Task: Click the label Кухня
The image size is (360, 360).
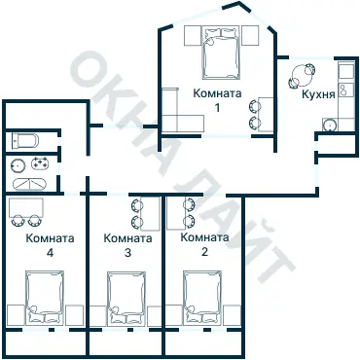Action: [x=318, y=94]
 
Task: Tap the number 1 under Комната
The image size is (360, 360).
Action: [x=217, y=107]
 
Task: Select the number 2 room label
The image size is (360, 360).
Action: [x=204, y=252]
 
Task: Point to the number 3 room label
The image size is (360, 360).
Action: [x=127, y=253]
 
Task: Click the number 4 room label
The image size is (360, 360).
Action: [x=50, y=253]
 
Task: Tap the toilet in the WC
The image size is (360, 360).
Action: [x=25, y=140]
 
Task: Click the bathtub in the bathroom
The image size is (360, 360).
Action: [x=29, y=184]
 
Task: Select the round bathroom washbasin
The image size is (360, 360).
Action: [x=18, y=166]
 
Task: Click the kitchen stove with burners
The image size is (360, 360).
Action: [x=346, y=90]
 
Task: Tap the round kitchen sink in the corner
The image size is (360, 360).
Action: [x=330, y=125]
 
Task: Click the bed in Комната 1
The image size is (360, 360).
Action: [x=221, y=53]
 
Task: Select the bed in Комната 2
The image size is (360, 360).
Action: [x=202, y=298]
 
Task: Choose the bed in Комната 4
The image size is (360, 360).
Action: [x=45, y=298]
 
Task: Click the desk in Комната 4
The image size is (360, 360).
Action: [x=26, y=207]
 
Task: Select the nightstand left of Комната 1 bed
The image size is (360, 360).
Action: [x=193, y=36]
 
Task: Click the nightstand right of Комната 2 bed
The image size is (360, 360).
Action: [x=232, y=315]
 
